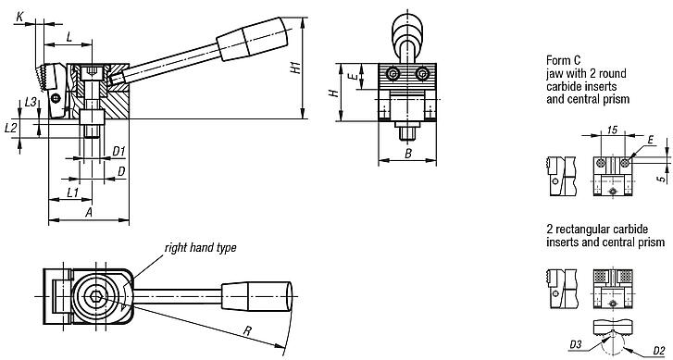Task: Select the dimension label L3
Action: [31, 102]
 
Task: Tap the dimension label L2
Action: [11, 125]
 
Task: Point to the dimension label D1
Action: [118, 150]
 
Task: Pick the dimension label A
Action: [88, 211]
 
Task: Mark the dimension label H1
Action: [293, 68]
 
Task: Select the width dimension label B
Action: [406, 153]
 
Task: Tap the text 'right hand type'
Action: [200, 222]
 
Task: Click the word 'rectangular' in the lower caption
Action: [585, 228]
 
